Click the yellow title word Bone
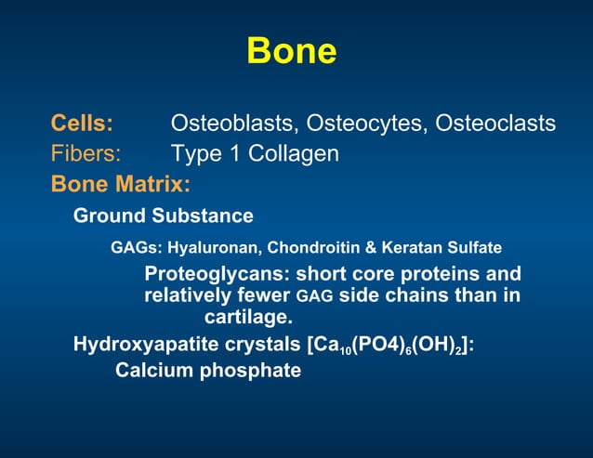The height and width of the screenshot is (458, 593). click(x=291, y=51)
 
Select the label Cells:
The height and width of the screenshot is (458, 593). click(x=82, y=124)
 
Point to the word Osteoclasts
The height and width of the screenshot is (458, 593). click(x=496, y=124)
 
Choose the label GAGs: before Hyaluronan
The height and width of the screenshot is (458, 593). click(x=135, y=248)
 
